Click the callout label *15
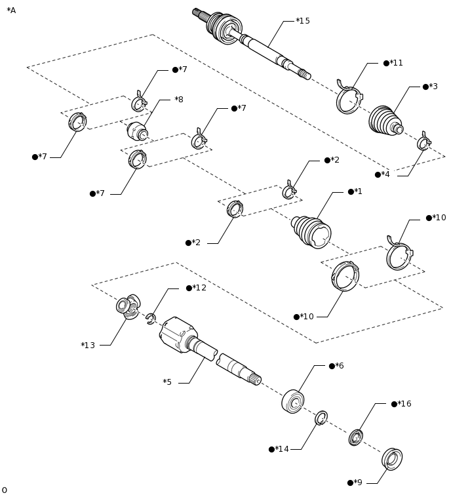point(303,21)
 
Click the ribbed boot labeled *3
point(385,121)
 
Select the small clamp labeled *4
point(423,142)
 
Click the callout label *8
point(179,100)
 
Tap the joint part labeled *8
point(137,131)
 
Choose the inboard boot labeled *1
point(311,231)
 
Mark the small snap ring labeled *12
point(151,319)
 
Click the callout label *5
point(167,382)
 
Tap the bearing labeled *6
point(292,401)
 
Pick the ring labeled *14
point(321,418)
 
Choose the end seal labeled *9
point(392,459)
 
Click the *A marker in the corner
point(11,10)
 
